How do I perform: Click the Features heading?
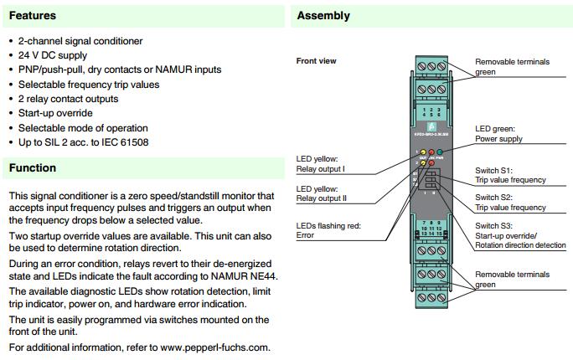[33, 16]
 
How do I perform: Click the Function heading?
[33, 168]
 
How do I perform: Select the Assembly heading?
[323, 16]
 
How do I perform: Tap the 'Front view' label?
[317, 61]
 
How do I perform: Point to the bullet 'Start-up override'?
[55, 113]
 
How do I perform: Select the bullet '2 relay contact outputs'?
[68, 99]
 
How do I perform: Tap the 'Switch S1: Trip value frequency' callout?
[510, 175]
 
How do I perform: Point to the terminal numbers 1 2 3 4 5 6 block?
[431, 112]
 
